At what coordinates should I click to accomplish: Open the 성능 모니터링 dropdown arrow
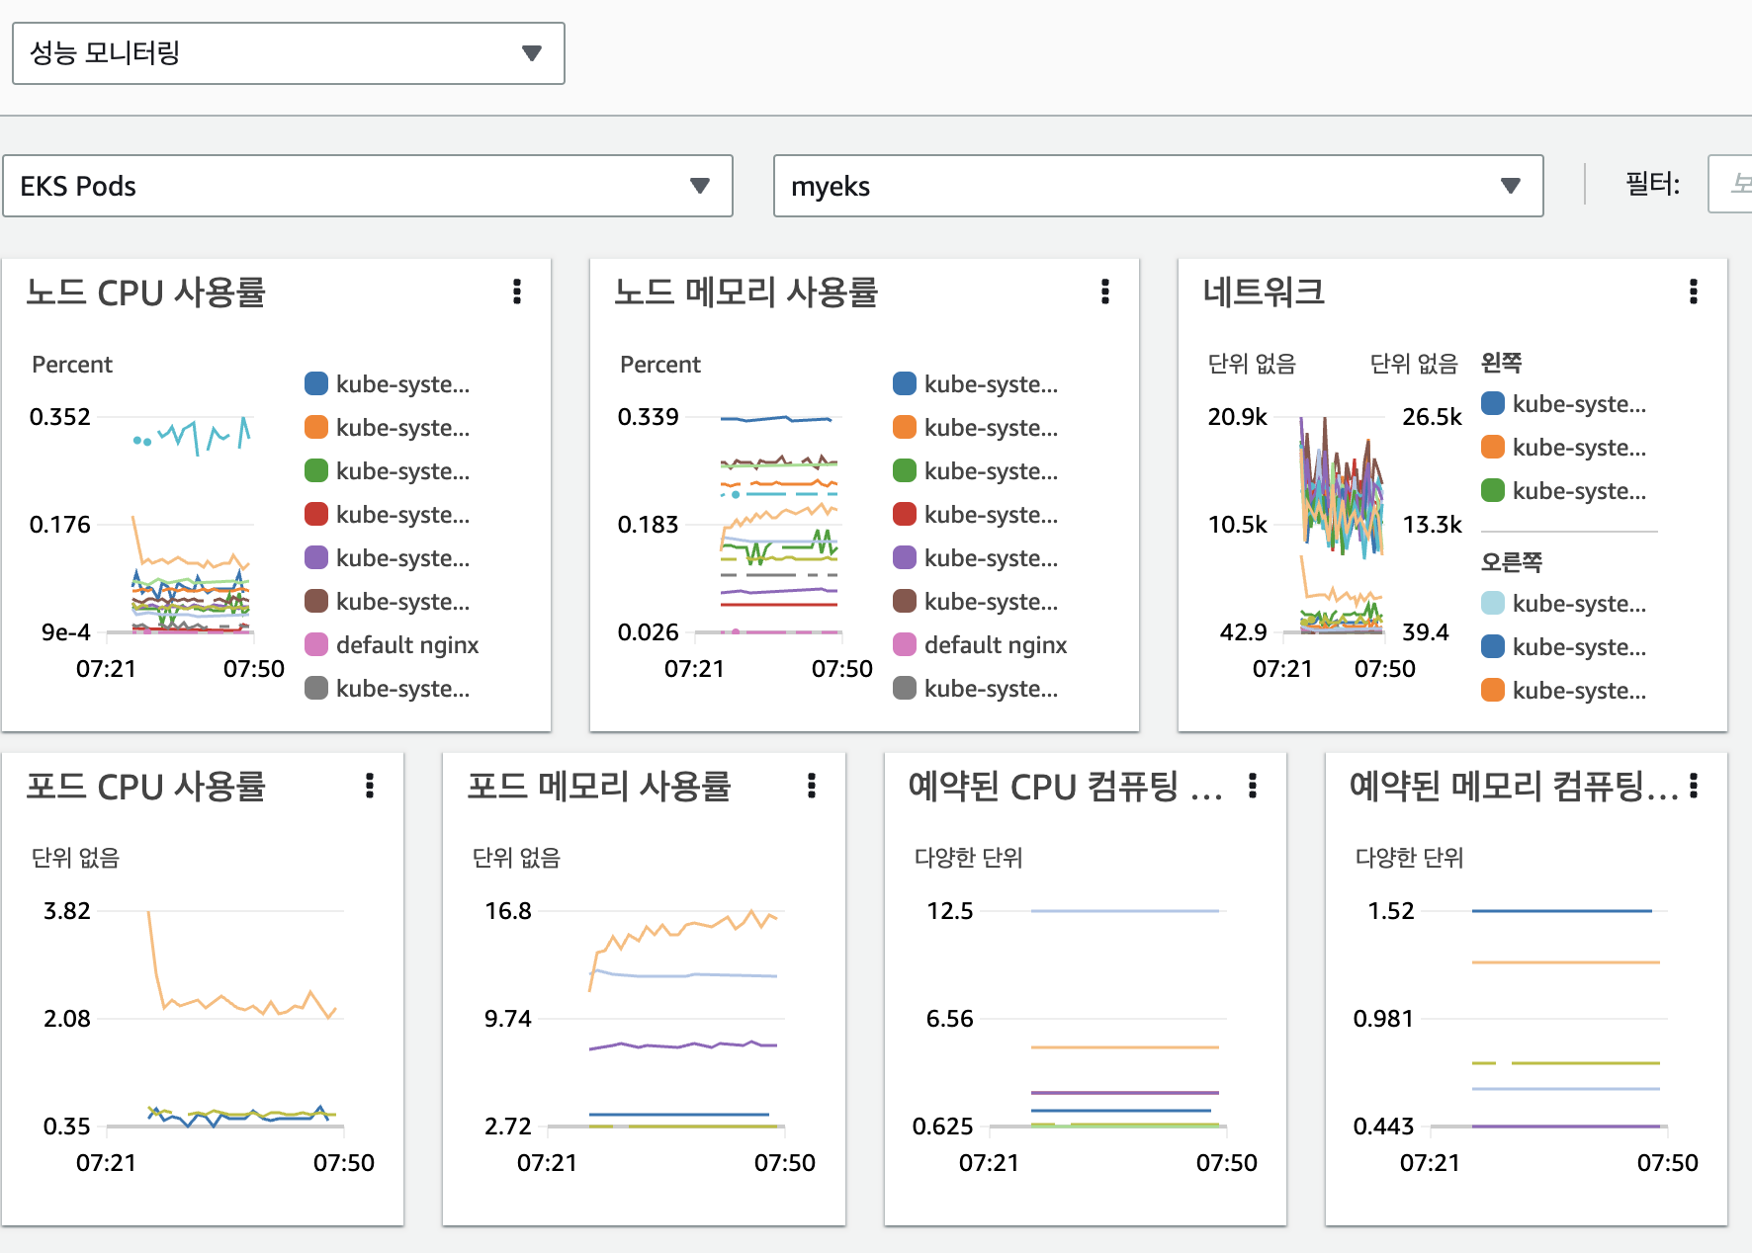tap(532, 53)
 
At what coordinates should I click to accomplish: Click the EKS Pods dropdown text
tap(78, 186)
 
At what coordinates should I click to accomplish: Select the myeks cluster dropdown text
tap(831, 186)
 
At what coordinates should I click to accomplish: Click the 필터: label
tap(1652, 184)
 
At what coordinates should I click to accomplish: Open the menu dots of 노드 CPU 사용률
tap(517, 292)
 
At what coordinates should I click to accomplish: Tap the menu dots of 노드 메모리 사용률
tap(1105, 292)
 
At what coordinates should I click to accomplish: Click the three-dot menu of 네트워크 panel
tap(1694, 292)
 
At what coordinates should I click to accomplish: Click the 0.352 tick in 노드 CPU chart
tap(60, 417)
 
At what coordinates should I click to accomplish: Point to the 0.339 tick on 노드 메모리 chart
tap(649, 417)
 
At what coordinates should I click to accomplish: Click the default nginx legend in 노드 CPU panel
tap(406, 645)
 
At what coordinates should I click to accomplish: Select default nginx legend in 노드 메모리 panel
tap(995, 645)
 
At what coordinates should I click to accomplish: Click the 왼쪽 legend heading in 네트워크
tap(1501, 363)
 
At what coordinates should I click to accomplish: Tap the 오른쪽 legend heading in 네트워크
tap(1511, 562)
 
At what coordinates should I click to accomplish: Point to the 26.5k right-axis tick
tap(1432, 417)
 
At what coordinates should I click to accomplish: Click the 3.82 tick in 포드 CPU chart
tap(67, 911)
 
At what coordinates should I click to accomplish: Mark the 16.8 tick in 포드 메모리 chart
tap(508, 911)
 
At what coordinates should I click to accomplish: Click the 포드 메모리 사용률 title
tap(598, 787)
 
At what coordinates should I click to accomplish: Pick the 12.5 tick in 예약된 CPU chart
tap(950, 911)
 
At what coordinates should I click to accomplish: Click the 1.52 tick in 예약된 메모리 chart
tap(1391, 911)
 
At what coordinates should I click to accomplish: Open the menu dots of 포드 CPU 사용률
tap(370, 786)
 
